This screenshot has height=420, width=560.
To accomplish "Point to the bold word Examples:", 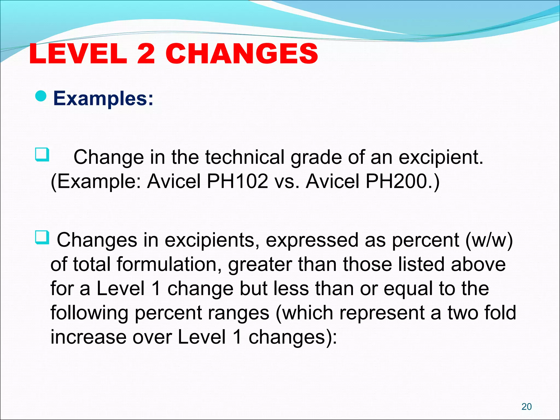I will pos(103,98).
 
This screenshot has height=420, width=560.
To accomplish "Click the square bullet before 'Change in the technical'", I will pos(42,155).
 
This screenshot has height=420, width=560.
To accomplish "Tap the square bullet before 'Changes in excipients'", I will pos(42,237).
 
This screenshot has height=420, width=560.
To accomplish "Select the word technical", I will pos(245,157).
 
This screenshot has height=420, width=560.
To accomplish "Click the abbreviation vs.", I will pos(287,182).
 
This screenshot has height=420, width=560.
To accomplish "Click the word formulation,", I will pos(170,265).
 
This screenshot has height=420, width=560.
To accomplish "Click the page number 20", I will pos(527,407).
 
